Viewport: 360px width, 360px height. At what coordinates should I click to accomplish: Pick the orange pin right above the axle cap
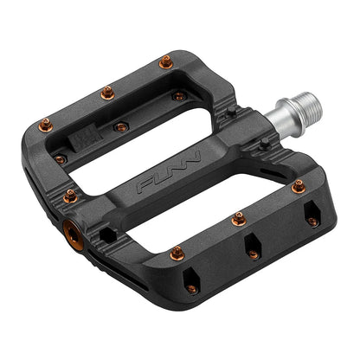[70, 196]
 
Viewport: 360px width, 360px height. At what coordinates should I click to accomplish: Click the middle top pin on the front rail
[238, 220]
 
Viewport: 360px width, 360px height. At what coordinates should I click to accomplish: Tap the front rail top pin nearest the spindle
[298, 185]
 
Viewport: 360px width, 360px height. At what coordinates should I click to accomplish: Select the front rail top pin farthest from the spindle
[177, 254]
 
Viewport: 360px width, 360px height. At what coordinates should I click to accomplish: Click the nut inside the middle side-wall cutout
[253, 254]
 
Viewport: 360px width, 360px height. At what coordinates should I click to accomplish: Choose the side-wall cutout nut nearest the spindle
[312, 222]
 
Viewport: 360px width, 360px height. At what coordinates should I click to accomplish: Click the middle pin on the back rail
[107, 92]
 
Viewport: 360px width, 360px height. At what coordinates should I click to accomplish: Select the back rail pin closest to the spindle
[164, 61]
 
